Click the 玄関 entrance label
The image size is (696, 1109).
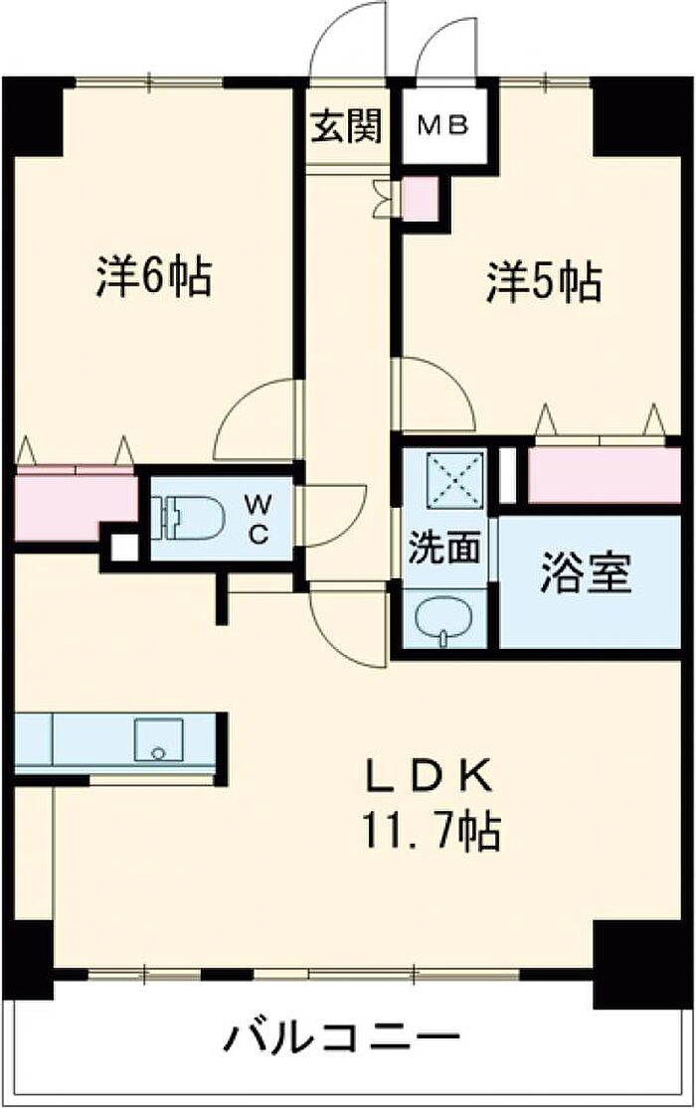tap(347, 126)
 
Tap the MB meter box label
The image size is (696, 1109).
tap(442, 126)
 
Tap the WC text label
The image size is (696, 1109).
tap(259, 519)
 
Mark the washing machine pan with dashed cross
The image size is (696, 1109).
tap(454, 480)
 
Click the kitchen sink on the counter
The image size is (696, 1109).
tap(159, 739)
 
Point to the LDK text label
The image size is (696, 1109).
tap(428, 777)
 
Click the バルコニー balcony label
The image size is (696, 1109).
tap(342, 1039)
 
